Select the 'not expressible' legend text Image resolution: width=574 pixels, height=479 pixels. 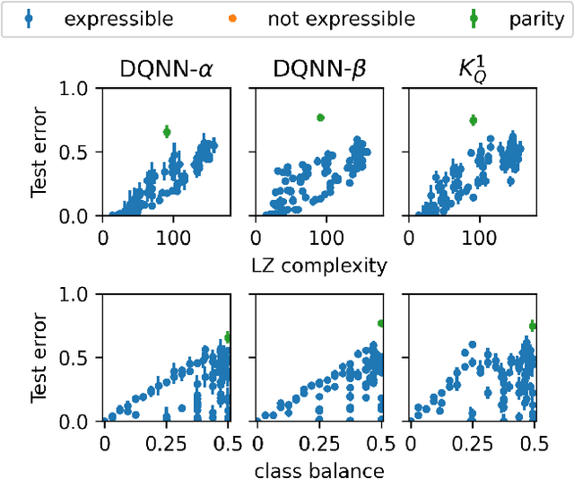click(342, 19)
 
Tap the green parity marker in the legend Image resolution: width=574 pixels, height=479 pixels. click(476, 19)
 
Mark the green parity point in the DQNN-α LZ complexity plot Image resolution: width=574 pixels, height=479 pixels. click(167, 132)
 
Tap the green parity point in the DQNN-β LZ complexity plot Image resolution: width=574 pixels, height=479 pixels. click(320, 118)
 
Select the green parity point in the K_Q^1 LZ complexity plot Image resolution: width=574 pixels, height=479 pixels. click(474, 120)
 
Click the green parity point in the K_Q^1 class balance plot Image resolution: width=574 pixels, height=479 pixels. click(533, 326)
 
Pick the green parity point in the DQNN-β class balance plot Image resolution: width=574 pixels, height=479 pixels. click(381, 323)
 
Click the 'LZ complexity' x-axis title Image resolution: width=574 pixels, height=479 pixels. click(320, 265)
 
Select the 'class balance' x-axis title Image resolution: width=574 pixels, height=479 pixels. click(320, 470)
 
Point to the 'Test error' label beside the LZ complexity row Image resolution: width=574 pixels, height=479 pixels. click(39, 152)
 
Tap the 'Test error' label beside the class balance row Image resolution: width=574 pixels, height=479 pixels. click(39, 357)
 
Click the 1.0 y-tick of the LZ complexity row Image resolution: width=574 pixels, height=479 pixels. click(76, 89)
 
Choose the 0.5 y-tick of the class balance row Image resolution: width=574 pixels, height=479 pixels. click(76, 358)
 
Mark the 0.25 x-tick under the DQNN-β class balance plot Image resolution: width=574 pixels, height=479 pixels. click(320, 444)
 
